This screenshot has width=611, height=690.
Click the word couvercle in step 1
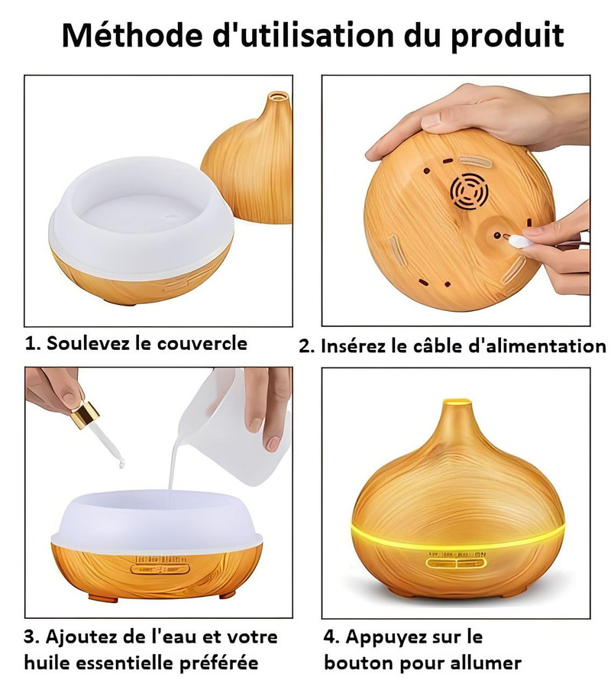(x=202, y=343)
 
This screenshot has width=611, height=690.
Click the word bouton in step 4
(x=355, y=662)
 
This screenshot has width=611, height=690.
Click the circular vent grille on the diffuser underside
(x=469, y=192)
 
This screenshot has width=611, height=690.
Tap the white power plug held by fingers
(x=517, y=240)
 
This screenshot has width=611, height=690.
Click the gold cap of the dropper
(x=85, y=413)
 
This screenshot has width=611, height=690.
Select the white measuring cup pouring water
(x=233, y=423)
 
